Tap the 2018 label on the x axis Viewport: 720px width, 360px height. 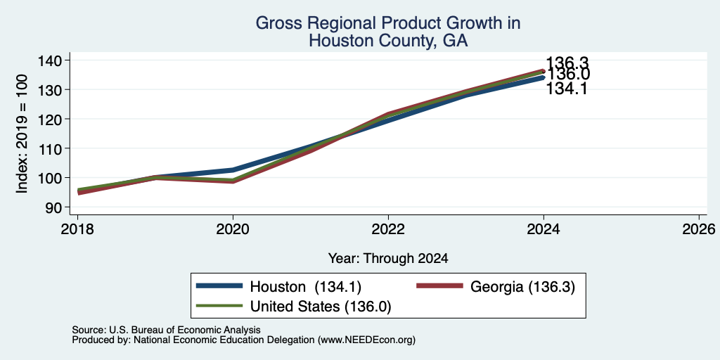point(77,229)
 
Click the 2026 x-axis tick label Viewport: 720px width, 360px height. point(699,229)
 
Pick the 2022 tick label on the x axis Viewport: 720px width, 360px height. point(388,229)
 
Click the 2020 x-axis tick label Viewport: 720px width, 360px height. point(233,229)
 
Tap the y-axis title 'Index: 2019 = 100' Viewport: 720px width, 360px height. point(22,134)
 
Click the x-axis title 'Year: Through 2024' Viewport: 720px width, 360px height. point(388,259)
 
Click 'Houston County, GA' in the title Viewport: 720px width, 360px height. point(388,41)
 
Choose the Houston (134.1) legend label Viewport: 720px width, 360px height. point(305,287)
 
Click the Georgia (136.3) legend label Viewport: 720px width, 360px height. point(522,287)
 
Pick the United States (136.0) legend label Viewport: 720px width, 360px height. point(320,307)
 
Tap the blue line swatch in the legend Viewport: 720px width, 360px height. point(219,286)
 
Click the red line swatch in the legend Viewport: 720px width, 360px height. point(439,286)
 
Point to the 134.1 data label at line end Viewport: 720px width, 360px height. point(567,89)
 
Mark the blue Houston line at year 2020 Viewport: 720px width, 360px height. point(233,170)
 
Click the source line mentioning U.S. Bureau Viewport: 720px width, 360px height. point(166,330)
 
